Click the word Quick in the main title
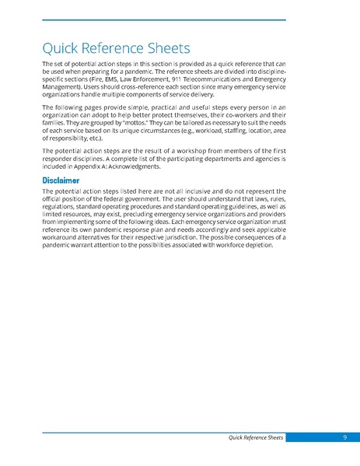coord(61,49)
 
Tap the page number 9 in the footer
coord(343,439)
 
